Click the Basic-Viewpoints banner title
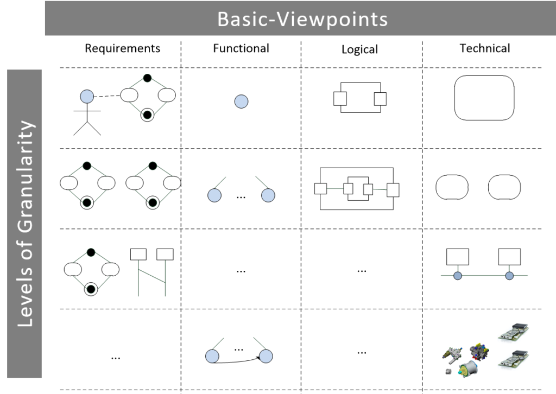[x=302, y=19]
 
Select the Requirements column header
[x=122, y=48]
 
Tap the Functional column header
[x=241, y=48]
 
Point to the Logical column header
[x=359, y=49]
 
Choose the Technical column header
[x=485, y=48]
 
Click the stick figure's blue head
[x=87, y=97]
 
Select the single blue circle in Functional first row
[x=241, y=101]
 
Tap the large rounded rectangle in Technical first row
[x=484, y=98]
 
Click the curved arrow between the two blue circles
[x=239, y=361]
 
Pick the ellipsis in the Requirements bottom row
[x=115, y=357]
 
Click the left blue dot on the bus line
[x=457, y=276]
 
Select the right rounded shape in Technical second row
[x=504, y=187]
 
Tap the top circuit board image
[x=514, y=333]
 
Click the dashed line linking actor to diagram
[x=106, y=96]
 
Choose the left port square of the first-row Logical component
[x=340, y=98]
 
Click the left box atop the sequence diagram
[x=139, y=253]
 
